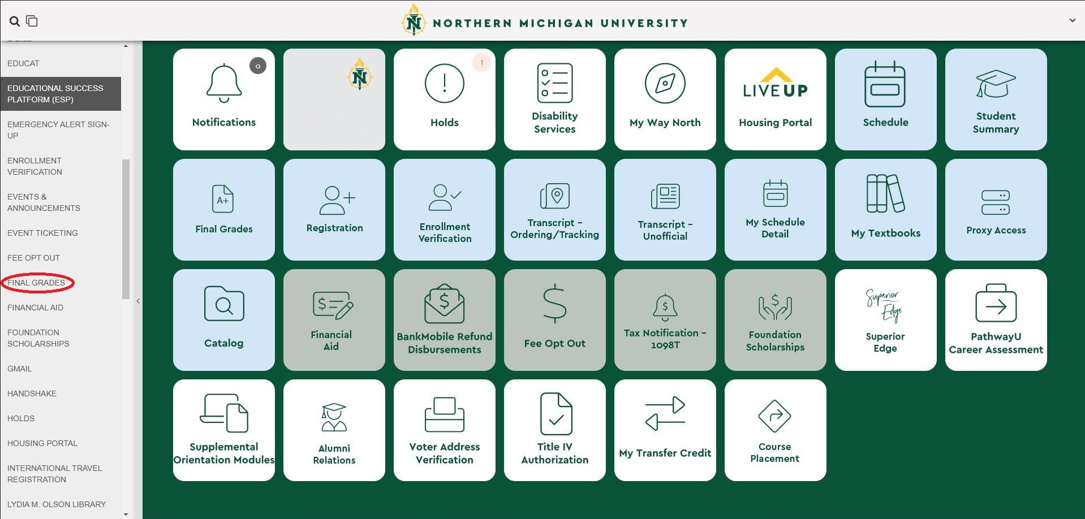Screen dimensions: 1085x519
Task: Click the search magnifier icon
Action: coord(15,21)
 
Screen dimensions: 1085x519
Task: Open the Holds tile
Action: coord(444,100)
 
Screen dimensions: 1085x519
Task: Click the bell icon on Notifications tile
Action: coord(224,84)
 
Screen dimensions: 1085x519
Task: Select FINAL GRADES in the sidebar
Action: coord(36,283)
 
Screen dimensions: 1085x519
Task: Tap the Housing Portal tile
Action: coord(775,100)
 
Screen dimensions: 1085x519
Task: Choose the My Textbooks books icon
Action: coord(885,193)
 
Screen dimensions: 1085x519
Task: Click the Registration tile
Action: coord(334,210)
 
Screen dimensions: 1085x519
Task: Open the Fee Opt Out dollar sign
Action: coord(554,304)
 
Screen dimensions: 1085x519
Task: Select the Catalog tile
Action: coord(224,320)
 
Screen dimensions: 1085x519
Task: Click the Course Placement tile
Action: coord(775,430)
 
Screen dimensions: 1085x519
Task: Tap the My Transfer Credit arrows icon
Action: coord(665,414)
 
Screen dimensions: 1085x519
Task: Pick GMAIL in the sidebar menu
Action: coord(20,369)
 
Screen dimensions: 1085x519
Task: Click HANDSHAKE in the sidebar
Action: coord(32,393)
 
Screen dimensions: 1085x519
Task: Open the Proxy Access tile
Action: coord(996,210)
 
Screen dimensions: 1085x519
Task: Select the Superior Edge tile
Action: coord(885,320)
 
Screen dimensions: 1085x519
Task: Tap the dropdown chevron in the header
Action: coord(1072,20)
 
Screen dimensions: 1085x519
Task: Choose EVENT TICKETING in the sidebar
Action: coord(42,233)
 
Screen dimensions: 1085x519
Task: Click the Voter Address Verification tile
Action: coord(444,430)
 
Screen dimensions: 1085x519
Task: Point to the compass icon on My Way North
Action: coord(665,83)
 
